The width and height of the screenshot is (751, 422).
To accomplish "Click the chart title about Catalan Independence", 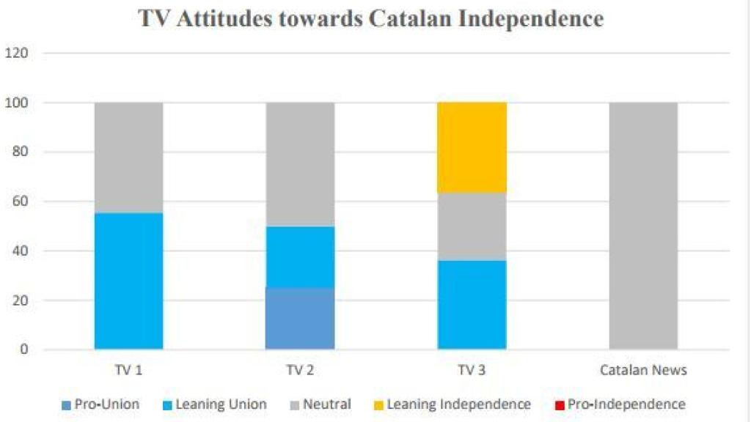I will pyautogui.click(x=370, y=18).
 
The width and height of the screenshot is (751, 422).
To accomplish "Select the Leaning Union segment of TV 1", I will pyautogui.click(x=129, y=281).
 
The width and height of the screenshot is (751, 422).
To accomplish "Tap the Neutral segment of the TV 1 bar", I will pyautogui.click(x=129, y=158).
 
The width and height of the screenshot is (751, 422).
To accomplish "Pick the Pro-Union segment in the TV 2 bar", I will pyautogui.click(x=301, y=318).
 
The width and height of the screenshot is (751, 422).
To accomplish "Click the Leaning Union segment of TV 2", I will pyautogui.click(x=301, y=256).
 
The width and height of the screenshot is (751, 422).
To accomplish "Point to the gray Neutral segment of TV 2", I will pyautogui.click(x=301, y=164).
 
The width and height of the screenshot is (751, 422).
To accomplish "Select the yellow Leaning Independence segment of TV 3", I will pyautogui.click(x=472, y=147).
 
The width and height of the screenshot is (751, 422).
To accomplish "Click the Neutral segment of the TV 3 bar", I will pyautogui.click(x=472, y=226).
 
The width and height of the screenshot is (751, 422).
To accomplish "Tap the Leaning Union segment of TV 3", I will pyautogui.click(x=472, y=305).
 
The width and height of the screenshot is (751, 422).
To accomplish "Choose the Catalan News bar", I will pyautogui.click(x=643, y=226).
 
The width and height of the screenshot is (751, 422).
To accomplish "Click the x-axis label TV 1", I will pyautogui.click(x=129, y=370).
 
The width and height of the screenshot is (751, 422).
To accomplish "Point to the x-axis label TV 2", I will pyautogui.click(x=301, y=370).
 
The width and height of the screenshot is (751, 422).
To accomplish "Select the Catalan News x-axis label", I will pyautogui.click(x=643, y=370).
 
